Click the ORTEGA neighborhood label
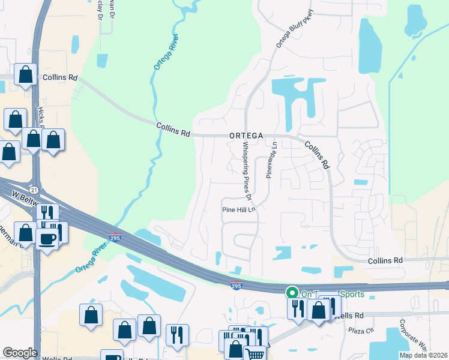pos(246,136)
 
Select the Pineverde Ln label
pos(269,159)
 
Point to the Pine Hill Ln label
pos(240,210)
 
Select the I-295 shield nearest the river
pos(116,238)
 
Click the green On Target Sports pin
pos(292,293)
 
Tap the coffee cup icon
pos(47,238)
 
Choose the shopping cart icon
pos(255,355)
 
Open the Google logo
pos(20,353)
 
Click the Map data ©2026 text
pos(423,355)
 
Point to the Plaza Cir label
pos(361,330)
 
